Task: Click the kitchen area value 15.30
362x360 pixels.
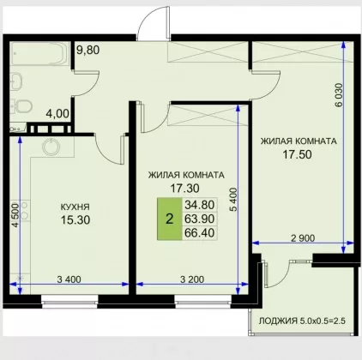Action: click(x=75, y=220)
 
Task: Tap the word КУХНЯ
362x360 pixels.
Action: click(x=75, y=207)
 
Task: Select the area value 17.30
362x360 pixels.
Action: click(x=184, y=189)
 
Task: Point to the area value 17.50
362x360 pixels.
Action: click(x=297, y=154)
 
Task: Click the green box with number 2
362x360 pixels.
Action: click(x=170, y=219)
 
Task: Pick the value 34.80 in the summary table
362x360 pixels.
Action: click(x=200, y=205)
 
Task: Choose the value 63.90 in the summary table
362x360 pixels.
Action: click(x=200, y=219)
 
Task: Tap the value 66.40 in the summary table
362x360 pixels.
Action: click(x=200, y=233)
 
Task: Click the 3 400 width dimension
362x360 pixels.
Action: click(x=69, y=279)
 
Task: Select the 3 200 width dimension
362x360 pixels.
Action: click(x=192, y=279)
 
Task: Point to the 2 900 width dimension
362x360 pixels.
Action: click(x=303, y=238)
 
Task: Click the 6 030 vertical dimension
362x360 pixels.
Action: click(x=338, y=95)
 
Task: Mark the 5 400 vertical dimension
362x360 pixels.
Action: click(x=233, y=200)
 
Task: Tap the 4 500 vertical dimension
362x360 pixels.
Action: click(x=15, y=215)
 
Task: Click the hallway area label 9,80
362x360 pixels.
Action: click(x=88, y=51)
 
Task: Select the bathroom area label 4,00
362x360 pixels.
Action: click(x=57, y=114)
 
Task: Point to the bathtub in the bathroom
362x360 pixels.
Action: click(x=39, y=54)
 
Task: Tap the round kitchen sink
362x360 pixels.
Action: click(x=51, y=147)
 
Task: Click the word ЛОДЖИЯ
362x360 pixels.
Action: click(x=278, y=321)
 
